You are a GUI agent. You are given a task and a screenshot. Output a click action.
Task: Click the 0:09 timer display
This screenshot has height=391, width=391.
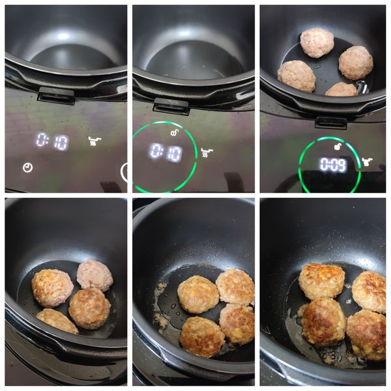[x=334, y=165]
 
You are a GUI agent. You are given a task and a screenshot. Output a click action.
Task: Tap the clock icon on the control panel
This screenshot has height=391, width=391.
[x=27, y=167]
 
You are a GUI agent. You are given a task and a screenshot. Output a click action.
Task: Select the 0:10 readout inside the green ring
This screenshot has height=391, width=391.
[x=166, y=152]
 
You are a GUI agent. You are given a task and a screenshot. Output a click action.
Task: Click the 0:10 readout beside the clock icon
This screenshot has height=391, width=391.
[x=52, y=141]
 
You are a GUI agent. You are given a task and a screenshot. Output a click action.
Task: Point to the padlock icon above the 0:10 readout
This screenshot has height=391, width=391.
[x=174, y=132]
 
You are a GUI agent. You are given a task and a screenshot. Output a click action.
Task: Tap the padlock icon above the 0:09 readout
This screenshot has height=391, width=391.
[x=338, y=147]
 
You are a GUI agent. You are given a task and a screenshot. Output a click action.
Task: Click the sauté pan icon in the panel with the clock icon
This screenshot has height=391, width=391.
[x=94, y=141]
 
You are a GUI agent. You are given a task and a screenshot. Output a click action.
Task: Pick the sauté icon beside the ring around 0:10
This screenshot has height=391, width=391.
[x=207, y=152]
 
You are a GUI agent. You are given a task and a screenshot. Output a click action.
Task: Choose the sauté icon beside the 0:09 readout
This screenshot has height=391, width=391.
[x=367, y=162]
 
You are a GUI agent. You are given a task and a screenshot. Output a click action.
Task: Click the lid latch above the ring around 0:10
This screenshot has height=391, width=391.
[x=171, y=106]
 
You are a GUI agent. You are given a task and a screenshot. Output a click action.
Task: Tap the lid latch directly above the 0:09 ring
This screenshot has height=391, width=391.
[x=331, y=123]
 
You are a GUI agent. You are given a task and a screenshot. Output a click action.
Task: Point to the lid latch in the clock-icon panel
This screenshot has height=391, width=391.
[x=56, y=96]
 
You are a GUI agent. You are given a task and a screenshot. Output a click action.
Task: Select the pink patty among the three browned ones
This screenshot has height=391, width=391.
[x=94, y=275]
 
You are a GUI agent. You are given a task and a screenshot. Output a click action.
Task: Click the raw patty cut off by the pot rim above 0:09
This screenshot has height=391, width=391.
[x=342, y=89]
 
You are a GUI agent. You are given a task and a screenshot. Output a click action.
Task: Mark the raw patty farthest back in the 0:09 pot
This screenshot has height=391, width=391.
[x=317, y=43]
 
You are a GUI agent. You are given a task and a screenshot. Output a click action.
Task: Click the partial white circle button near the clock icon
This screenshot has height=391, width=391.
[x=124, y=171]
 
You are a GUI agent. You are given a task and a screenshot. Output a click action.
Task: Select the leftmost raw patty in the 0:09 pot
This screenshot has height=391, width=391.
[x=297, y=76]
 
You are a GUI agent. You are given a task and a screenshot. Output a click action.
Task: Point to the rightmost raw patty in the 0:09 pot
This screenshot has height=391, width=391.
[x=356, y=63]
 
